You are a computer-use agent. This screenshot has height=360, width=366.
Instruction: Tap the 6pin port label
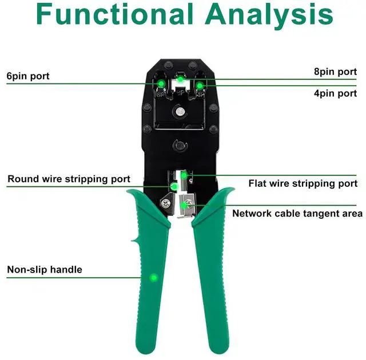(x=28, y=75)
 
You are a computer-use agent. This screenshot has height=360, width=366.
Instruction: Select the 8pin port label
(x=335, y=71)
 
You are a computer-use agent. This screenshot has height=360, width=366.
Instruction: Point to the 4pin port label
(x=335, y=93)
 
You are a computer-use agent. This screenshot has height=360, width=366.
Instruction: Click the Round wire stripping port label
(x=69, y=179)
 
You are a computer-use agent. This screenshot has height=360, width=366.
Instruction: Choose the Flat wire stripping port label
(x=303, y=183)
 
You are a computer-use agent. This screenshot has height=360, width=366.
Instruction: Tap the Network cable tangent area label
(x=297, y=213)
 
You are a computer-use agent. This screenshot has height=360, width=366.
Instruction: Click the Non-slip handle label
(x=45, y=269)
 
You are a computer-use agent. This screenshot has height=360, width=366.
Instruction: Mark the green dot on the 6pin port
(x=162, y=85)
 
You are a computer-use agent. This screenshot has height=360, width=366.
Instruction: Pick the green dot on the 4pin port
(x=200, y=85)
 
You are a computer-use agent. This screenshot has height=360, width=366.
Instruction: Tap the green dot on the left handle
(x=153, y=278)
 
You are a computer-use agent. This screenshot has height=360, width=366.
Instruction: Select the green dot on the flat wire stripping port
(x=184, y=175)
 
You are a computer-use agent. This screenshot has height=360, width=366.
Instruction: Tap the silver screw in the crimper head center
(x=181, y=112)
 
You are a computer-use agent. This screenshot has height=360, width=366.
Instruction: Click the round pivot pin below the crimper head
(x=181, y=146)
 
